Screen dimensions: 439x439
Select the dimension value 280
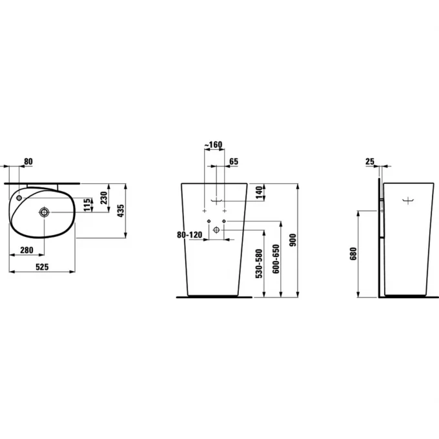click(26, 250)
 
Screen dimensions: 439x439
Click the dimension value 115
click(87, 204)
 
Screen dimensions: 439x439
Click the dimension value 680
click(353, 254)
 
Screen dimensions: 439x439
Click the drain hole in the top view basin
click(45, 211)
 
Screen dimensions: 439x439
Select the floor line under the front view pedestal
click(214, 297)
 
